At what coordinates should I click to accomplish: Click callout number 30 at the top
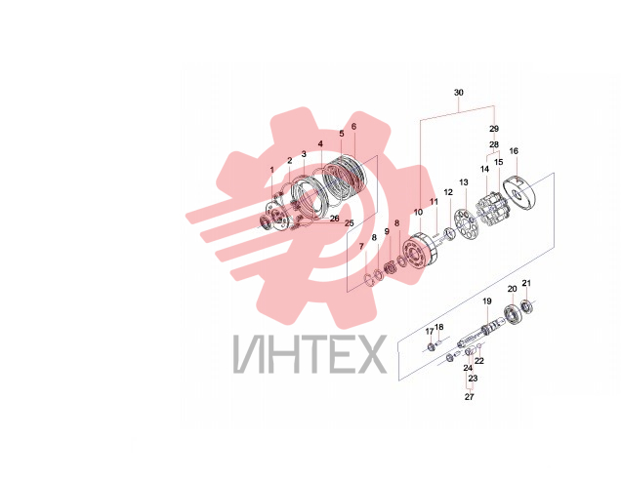coord(458,93)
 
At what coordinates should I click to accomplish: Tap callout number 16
coord(514,151)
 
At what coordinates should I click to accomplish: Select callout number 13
coord(464,182)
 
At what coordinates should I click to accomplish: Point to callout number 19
coord(486,301)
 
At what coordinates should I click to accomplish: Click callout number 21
coord(526,283)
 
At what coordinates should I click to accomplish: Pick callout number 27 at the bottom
coord(469,397)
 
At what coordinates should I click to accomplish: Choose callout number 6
coord(353,126)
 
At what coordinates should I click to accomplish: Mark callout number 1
coord(272,170)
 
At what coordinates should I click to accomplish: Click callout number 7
coord(361,247)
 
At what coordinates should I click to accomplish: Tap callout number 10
coord(418,212)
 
